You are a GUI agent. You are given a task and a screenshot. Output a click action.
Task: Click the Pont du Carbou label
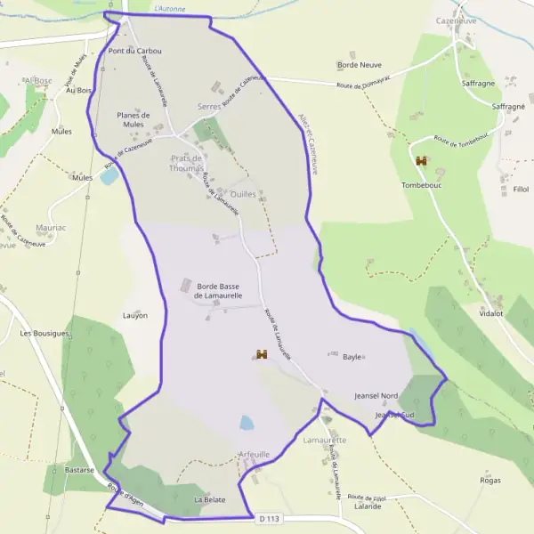[134, 51]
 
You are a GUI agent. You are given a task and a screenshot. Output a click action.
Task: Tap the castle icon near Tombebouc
[421, 161]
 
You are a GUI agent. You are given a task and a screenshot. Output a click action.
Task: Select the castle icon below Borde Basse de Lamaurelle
[262, 354]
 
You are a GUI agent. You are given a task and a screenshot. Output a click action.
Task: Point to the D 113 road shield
[270, 518]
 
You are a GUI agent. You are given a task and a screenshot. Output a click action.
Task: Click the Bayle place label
[352, 357]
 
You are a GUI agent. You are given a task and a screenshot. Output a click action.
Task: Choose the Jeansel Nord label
[376, 395]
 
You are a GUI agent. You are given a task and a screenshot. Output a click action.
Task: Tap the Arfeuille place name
[255, 454]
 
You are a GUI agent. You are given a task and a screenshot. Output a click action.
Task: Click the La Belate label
[210, 500]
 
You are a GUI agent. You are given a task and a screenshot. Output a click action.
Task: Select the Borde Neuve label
[359, 65]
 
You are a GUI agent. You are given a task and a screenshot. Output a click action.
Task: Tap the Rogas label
[489, 481]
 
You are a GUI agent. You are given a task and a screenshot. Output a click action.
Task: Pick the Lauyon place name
[135, 316]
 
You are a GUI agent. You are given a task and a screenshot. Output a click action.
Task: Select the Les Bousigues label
[44, 334]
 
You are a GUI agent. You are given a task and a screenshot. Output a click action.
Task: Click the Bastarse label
[80, 470]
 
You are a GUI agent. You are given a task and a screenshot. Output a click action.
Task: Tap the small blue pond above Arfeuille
[247, 422]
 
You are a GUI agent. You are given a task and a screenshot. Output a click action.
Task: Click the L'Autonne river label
[170, 9]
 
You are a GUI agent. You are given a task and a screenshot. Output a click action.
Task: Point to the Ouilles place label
[243, 193]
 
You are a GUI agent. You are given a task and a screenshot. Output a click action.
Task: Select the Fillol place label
[521, 190]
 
